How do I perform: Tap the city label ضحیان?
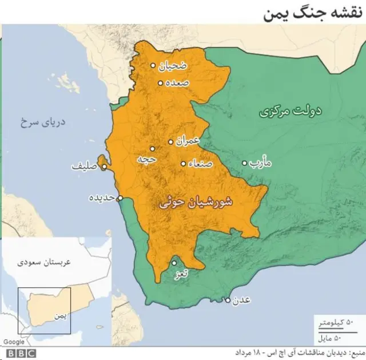(x=172, y=66)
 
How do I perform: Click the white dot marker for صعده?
(x=161, y=83)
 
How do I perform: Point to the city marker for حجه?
(x=153, y=148)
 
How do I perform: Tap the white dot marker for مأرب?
(x=245, y=163)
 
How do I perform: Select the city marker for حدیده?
(x=120, y=198)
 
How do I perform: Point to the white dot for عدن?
(x=228, y=300)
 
